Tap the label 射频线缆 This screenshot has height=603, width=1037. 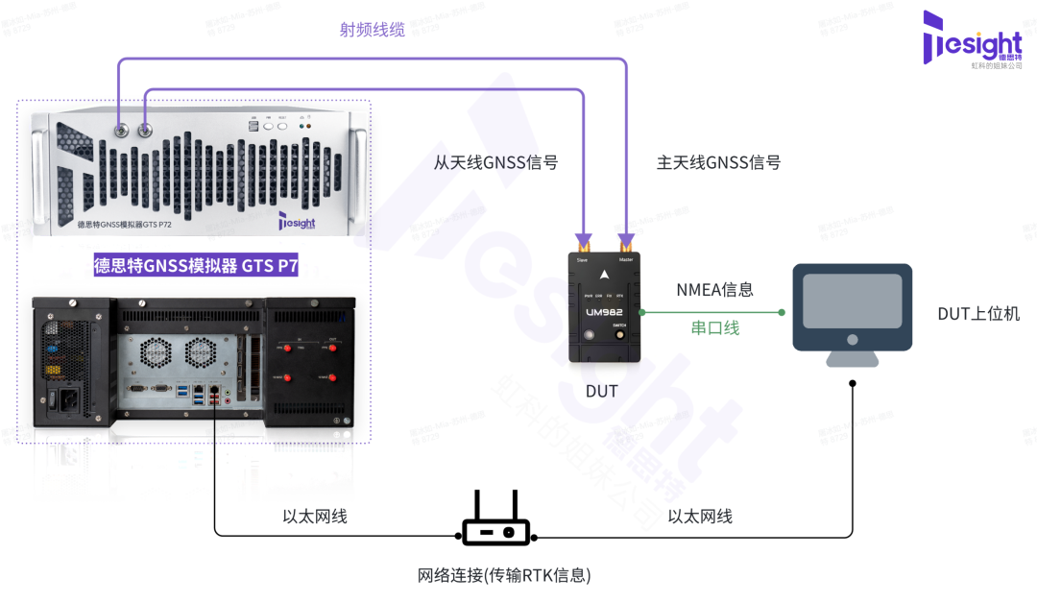tap(373, 30)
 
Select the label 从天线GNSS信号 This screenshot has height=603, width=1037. tap(495, 162)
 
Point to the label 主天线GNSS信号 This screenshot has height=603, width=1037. tap(718, 162)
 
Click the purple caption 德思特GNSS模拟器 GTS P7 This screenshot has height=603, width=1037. tap(196, 266)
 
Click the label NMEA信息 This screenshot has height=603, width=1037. tap(714, 288)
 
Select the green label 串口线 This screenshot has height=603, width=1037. tap(715, 328)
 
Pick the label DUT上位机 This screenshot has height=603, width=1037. tap(978, 313)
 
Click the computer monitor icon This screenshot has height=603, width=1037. tap(852, 313)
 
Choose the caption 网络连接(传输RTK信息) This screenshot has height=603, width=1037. tap(504, 575)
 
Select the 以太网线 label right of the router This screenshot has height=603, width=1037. tap(700, 517)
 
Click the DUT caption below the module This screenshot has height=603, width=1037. tap(601, 391)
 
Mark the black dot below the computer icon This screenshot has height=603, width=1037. tap(853, 383)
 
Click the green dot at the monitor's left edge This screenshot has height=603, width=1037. tap(783, 312)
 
